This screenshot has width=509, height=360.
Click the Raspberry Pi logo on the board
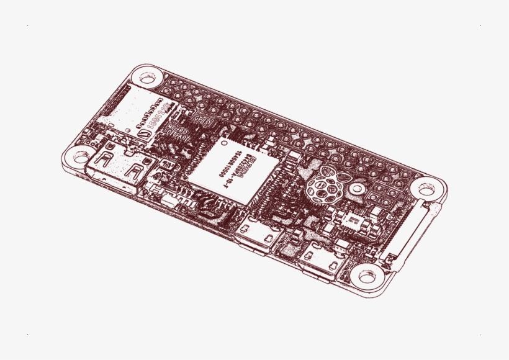[325, 187]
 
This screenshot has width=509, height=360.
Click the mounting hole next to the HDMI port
[80, 155]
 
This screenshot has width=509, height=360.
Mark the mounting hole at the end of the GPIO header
[427, 187]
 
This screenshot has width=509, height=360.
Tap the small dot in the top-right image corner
[480, 25]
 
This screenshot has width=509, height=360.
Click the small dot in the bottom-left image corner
[28, 335]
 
